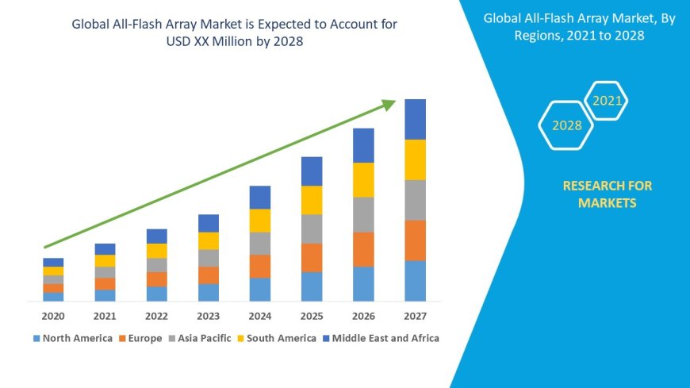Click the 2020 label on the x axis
pyautogui.click(x=53, y=316)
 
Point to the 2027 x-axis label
pyautogui.click(x=415, y=316)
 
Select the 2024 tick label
pyautogui.click(x=260, y=316)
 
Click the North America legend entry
pyautogui.click(x=72, y=338)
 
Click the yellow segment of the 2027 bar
pyautogui.click(x=415, y=159)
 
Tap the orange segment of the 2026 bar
pyautogui.click(x=363, y=249)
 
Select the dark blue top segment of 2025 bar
pyautogui.click(x=312, y=171)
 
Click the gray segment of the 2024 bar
pyautogui.click(x=260, y=244)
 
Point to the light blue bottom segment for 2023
pyautogui.click(x=209, y=293)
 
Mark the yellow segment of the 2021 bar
pyautogui.click(x=105, y=260)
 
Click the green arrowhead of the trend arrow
pyautogui.click(x=388, y=104)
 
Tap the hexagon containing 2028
pyautogui.click(x=566, y=125)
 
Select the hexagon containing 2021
pyautogui.click(x=608, y=101)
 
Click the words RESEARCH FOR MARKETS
pyautogui.click(x=607, y=194)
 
